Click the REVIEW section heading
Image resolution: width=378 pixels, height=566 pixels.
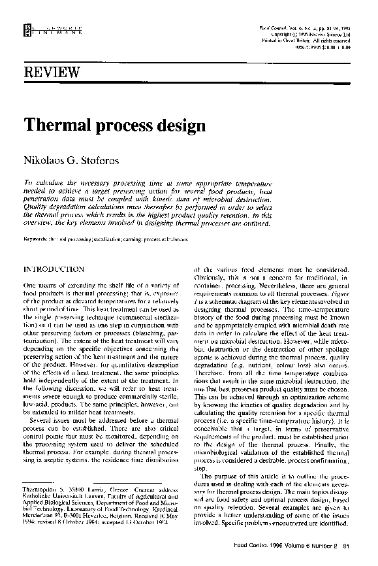click(52, 71)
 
